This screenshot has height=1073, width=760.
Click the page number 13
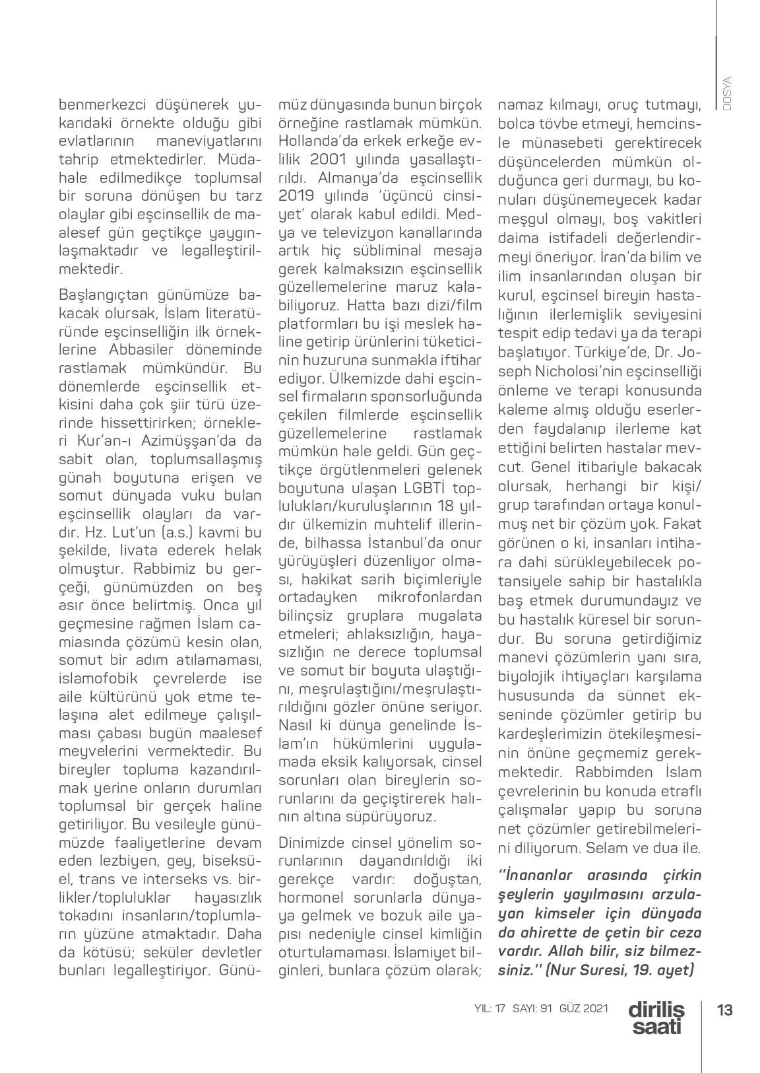[725, 1010]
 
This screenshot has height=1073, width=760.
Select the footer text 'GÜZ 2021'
[583, 1010]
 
